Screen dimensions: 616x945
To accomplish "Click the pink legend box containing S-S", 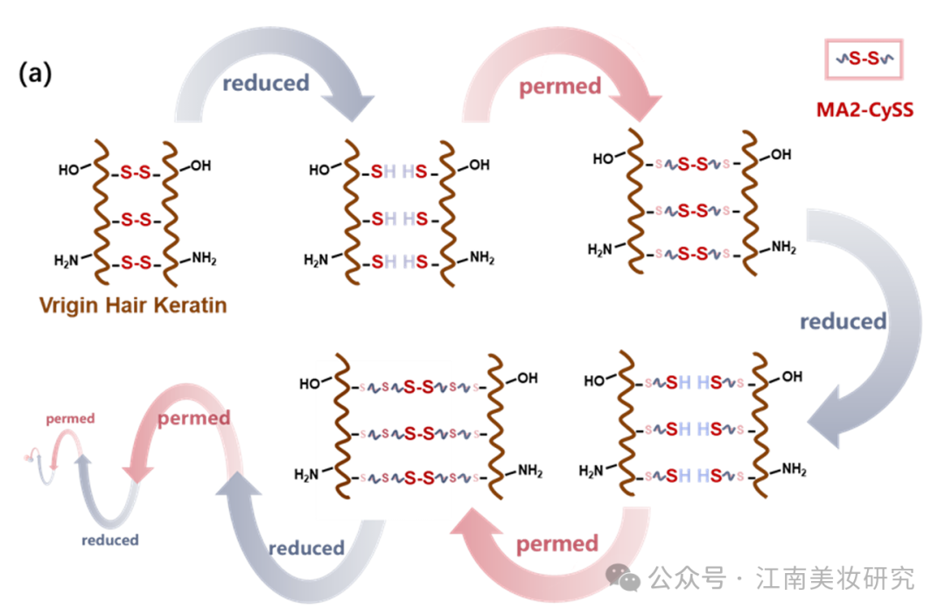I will coord(864,59).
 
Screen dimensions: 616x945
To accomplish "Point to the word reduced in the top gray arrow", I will coord(265,83).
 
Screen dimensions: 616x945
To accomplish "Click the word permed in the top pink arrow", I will coord(560,87).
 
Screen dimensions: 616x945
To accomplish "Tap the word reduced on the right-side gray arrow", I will coord(843,321).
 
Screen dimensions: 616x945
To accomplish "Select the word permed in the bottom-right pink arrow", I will coord(556,544).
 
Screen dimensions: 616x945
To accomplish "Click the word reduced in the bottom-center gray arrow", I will coord(306,549).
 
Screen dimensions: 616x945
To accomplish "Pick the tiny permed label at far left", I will coord(70,419).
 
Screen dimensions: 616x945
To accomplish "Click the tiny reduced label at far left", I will coord(110,540).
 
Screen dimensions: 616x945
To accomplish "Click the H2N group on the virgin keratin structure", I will coord(67,260).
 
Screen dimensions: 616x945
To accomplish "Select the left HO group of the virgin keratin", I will coord(69,169).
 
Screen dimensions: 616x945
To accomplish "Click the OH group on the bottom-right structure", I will coord(791,377).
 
